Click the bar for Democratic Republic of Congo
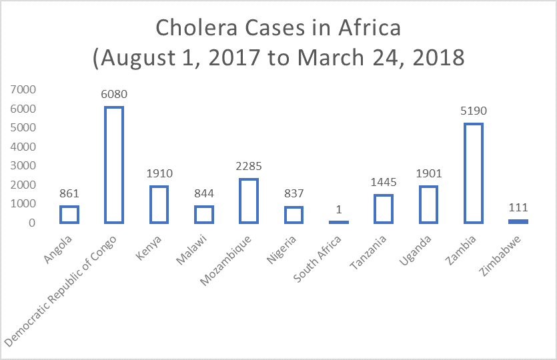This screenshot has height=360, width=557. click(x=114, y=165)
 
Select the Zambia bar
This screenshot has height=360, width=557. click(x=473, y=173)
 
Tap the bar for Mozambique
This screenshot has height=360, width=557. click(x=249, y=201)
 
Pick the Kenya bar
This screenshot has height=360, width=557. click(x=159, y=204)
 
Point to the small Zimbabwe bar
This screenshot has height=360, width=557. click(x=518, y=221)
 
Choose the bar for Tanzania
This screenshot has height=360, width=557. click(x=384, y=209)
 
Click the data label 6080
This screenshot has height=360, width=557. click(x=114, y=95)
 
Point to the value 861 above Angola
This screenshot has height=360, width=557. click(x=69, y=194)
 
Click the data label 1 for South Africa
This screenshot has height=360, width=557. click(x=339, y=209)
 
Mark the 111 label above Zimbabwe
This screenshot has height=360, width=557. click(x=518, y=207)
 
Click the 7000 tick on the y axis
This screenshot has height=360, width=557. click(x=23, y=89)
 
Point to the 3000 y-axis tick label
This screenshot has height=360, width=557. click(x=23, y=165)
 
